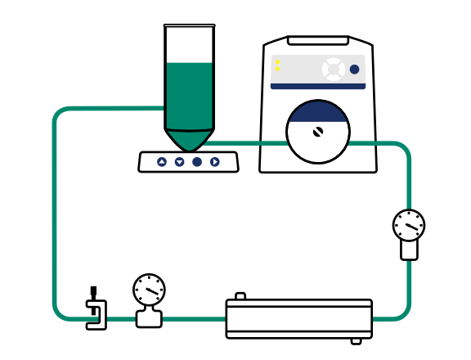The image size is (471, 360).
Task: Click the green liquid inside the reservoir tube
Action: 189,94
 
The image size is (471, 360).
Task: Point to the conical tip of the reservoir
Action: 189,141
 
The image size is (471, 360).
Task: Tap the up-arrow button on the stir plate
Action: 162,162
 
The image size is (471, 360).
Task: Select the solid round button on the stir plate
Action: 197,162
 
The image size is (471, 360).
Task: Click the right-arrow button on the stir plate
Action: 215,162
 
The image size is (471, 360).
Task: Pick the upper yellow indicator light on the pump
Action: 278,62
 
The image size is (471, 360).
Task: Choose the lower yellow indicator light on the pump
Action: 278,70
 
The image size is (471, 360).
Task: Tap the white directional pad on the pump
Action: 333,69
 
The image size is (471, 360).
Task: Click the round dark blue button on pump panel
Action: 354,70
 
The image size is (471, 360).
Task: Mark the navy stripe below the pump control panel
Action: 318,86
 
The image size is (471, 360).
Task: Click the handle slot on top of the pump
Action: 318,41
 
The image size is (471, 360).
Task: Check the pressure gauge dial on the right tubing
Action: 408,225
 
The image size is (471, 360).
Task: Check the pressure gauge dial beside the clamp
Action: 149,289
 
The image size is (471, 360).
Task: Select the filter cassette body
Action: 299,318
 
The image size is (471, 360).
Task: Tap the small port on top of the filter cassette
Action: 240,296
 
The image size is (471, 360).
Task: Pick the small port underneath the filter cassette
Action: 356,340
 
